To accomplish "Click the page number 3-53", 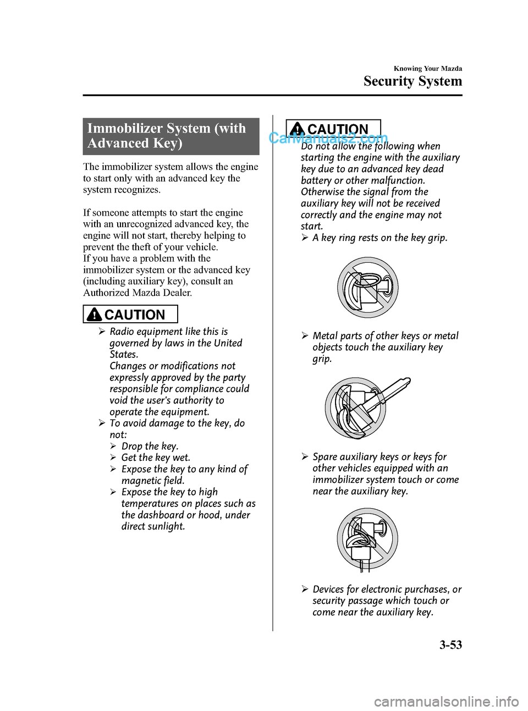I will [450, 645].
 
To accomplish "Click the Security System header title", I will [413, 81].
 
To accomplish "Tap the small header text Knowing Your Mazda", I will [428, 69].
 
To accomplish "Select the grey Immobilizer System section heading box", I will [171, 136].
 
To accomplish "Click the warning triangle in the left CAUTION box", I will [95, 315].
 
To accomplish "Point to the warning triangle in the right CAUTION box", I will [298, 129].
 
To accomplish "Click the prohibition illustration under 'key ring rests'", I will [367, 287].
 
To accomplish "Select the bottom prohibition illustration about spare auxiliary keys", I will [367, 539].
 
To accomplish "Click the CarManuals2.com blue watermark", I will [328, 139].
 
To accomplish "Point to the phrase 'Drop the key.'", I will [150, 446].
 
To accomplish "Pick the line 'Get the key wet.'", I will [156, 458].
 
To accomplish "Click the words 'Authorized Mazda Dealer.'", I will [137, 293].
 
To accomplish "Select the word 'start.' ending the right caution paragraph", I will [312, 226].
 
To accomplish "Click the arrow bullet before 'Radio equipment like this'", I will [102, 332].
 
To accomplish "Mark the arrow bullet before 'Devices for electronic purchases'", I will [305, 589].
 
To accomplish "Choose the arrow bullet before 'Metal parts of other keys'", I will [305, 336].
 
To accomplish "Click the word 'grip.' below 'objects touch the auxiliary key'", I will [322, 359].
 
